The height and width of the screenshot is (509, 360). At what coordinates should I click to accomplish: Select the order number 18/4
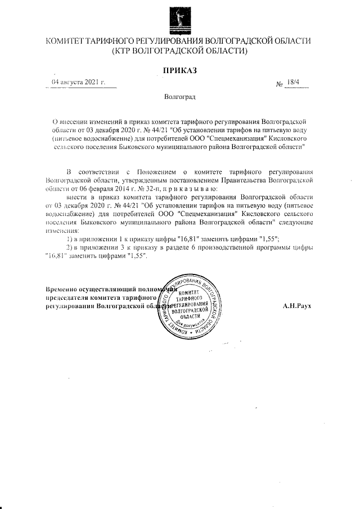[293, 83]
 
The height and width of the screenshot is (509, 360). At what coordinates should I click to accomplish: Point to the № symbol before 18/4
[279, 84]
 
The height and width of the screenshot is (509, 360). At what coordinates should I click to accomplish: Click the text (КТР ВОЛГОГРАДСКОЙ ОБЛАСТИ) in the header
[179, 52]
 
